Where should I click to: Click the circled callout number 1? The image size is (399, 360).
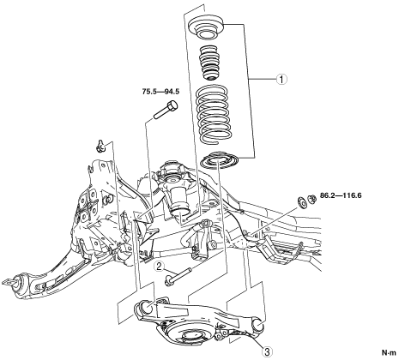tap(281, 79)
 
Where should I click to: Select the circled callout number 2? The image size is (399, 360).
tap(160, 267)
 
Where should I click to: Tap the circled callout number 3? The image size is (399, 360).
tap(267, 351)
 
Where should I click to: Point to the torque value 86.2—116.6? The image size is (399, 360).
tap(341, 195)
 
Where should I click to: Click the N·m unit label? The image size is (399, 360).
tap(389, 352)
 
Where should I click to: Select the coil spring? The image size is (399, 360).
tap(212, 114)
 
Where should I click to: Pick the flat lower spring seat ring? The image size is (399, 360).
tap(220, 160)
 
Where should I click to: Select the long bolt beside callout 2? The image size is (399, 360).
tap(178, 276)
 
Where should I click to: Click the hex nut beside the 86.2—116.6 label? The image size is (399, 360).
tap(311, 199)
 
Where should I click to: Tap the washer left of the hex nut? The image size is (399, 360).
tap(301, 202)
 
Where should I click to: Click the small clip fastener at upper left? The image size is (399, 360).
tap(100, 146)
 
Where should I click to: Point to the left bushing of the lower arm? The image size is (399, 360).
tap(146, 307)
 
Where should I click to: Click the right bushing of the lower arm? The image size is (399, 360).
tap(257, 325)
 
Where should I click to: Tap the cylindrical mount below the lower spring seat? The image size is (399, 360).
tap(178, 201)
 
